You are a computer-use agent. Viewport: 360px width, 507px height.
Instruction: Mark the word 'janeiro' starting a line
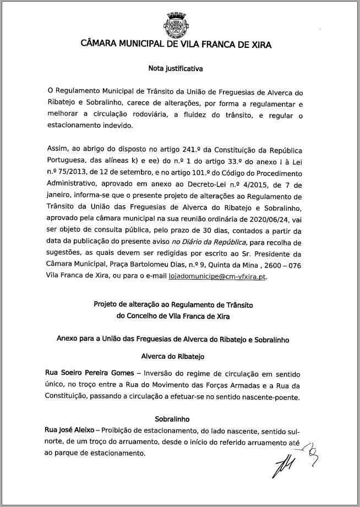(x=59, y=197)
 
